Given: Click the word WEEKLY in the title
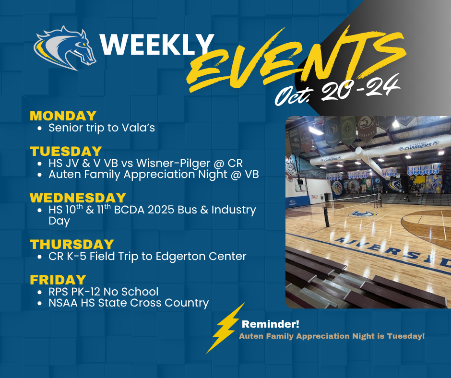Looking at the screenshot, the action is coord(157,44).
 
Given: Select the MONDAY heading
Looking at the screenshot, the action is coord(63,116).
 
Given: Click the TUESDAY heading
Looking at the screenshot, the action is coord(66,151).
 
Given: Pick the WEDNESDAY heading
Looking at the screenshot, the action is coord(78,198).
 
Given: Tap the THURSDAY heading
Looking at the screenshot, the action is coord(72,245).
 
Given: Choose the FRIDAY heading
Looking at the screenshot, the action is coord(58,280).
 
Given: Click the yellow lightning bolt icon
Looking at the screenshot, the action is coord(226,328).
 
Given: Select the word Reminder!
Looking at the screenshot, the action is coord(271,324).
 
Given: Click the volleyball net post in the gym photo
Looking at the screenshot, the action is coord(326,217).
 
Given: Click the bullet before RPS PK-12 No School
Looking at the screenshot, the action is coord(40,292).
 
